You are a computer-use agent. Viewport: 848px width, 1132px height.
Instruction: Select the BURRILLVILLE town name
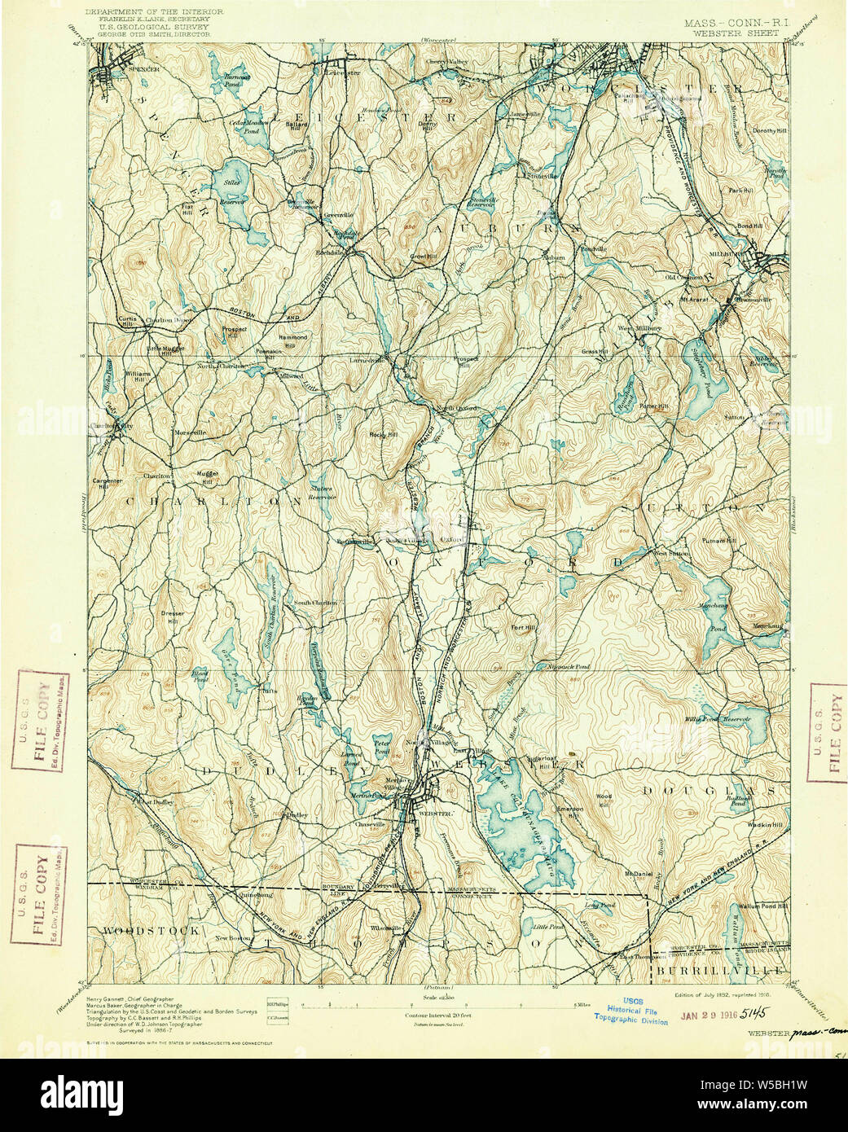[717, 970]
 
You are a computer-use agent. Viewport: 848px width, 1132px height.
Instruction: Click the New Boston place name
[232, 939]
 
